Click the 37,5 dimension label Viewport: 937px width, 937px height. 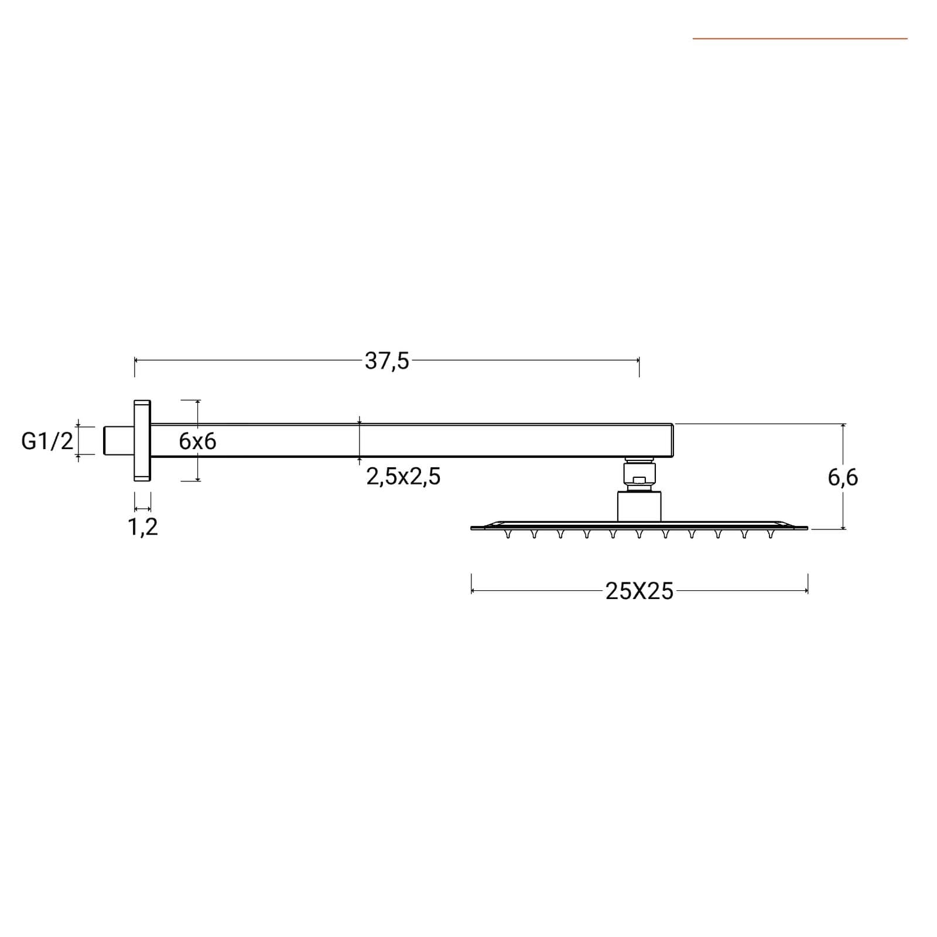[x=387, y=361]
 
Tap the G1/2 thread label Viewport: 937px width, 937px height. [x=47, y=441]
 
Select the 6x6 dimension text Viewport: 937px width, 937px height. [x=197, y=441]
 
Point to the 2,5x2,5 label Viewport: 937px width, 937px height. [x=403, y=477]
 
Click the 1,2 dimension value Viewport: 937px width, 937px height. [x=143, y=527]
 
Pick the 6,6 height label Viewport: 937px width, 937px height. [x=843, y=478]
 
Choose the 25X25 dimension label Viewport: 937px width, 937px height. [x=640, y=591]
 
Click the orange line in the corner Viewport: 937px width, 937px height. [x=800, y=39]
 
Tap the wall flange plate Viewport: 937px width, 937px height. [x=142, y=441]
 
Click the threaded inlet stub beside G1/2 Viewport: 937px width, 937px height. [x=119, y=440]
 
